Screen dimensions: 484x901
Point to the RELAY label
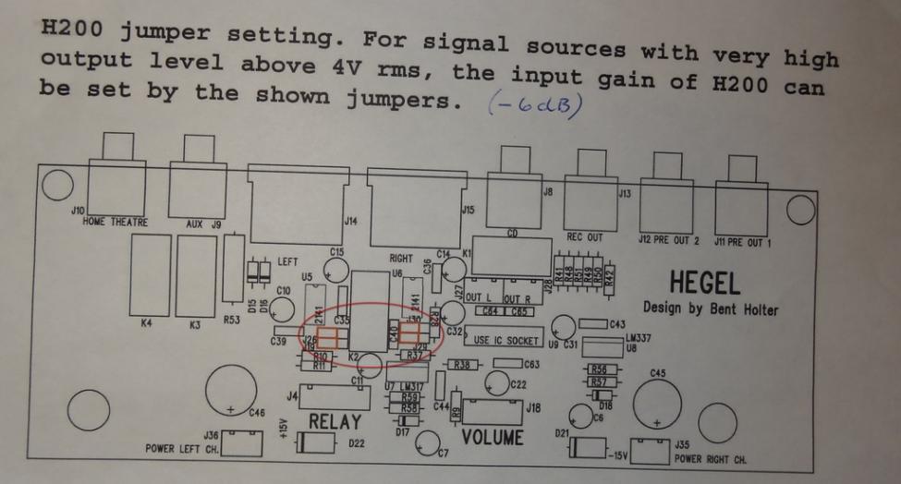(335, 421)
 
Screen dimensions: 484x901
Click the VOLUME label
(493, 436)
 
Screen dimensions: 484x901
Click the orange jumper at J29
(411, 334)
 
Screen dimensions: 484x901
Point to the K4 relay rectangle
(152, 273)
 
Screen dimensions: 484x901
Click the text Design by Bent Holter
(710, 309)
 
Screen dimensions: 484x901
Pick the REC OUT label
(584, 237)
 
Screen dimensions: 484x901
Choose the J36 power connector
(238, 443)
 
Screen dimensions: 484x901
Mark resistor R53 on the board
(234, 272)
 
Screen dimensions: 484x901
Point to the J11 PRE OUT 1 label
(746, 240)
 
